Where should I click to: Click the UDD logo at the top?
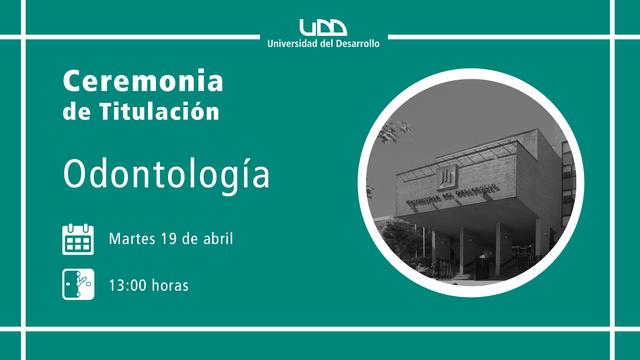pyautogui.click(x=323, y=27)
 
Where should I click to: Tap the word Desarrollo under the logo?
pyautogui.click(x=358, y=44)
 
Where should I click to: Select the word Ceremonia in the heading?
pyautogui.click(x=143, y=81)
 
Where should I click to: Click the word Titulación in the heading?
pyautogui.click(x=159, y=111)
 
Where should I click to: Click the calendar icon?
pyautogui.click(x=78, y=239)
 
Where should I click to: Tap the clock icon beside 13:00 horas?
pyautogui.click(x=78, y=284)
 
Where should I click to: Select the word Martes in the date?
pyautogui.click(x=132, y=239)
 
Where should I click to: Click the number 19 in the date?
pyautogui.click(x=169, y=239)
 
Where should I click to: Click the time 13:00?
pyautogui.click(x=128, y=286)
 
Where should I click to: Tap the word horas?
pyautogui.click(x=170, y=285)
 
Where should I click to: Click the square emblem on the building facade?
pyautogui.click(x=446, y=177)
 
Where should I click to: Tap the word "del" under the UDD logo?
pyautogui.click(x=327, y=44)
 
